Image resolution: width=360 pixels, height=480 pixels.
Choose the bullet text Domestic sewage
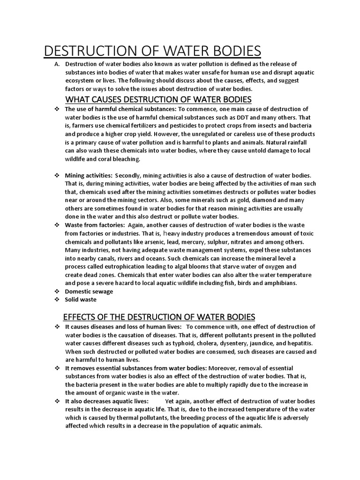(89, 291)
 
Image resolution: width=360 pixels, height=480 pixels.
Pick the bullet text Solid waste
(81, 300)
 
